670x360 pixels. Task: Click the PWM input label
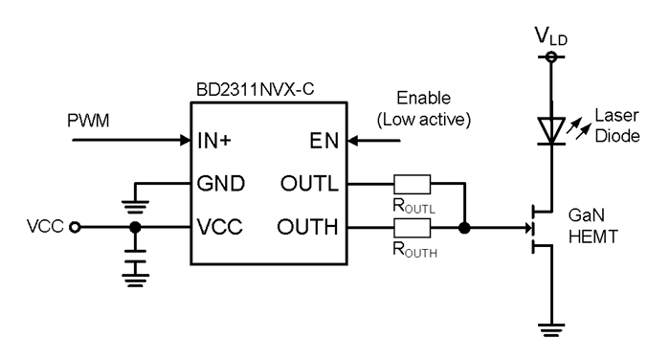pos(91,123)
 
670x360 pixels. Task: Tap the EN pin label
pos(323,141)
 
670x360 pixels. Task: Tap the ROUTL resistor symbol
pos(412,183)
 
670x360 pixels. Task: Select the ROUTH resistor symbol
pos(412,228)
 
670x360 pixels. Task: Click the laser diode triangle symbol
pos(550,128)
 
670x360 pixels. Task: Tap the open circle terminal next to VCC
pos(75,229)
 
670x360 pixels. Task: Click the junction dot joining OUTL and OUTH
pos(464,229)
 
